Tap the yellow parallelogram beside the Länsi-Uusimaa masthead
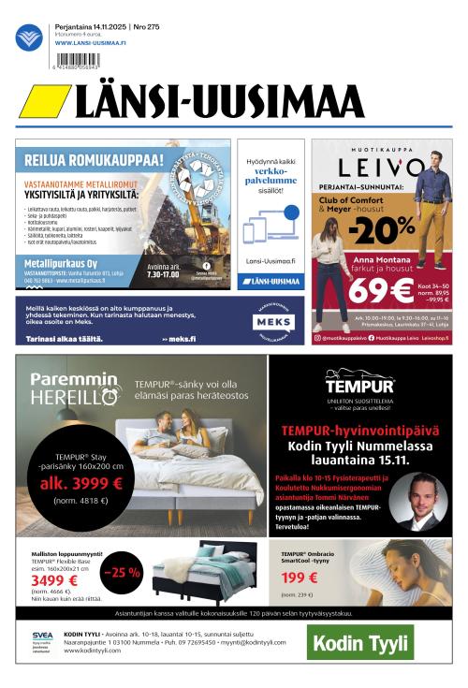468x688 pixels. tap(44, 101)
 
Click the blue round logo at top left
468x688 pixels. tap(29, 37)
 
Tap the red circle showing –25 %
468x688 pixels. tap(121, 572)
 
